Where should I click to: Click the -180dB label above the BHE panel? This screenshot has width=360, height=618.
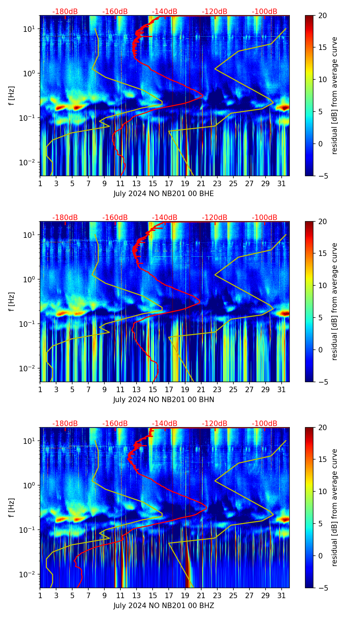pyautogui.click(x=65, y=12)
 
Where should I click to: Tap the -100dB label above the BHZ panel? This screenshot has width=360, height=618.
pyautogui.click(x=265, y=424)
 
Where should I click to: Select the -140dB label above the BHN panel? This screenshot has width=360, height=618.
pyautogui.click(x=165, y=218)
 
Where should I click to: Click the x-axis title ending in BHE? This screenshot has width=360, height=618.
pyautogui.click(x=164, y=194)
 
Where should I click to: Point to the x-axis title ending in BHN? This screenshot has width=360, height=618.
pyautogui.click(x=164, y=400)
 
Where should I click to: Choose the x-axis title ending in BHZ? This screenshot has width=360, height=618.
pyautogui.click(x=164, y=606)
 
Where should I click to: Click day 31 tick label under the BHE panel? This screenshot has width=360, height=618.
pyautogui.click(x=282, y=184)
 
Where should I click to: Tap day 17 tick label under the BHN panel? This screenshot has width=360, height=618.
pyautogui.click(x=169, y=390)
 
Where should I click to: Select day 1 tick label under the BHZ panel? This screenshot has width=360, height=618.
pyautogui.click(x=40, y=596)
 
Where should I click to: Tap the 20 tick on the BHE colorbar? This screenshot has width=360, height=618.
pyautogui.click(x=323, y=16)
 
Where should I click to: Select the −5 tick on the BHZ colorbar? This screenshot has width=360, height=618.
pyautogui.click(x=323, y=588)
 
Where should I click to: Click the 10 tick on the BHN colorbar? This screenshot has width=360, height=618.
pyautogui.click(x=323, y=285)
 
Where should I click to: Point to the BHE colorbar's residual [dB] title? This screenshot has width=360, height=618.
pyautogui.click(x=334, y=95)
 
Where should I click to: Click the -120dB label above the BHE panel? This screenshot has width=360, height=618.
pyautogui.click(x=215, y=12)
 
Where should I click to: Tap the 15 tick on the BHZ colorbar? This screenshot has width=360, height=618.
pyautogui.click(x=323, y=460)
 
